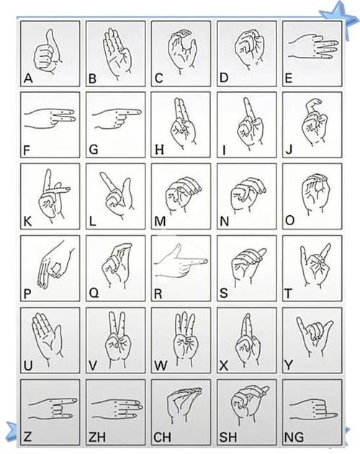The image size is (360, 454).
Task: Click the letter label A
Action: tap(28, 78)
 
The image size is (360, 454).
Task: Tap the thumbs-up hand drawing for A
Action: tap(48, 51)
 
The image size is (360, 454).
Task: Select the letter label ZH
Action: tap(97, 437)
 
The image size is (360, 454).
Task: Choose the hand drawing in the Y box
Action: tap(315, 337)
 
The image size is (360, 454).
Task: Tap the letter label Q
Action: tap(94, 294)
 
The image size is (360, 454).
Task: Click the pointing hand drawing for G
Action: tap(117, 118)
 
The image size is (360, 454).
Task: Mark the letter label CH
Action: tap(162, 437)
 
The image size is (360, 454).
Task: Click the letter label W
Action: tap(161, 366)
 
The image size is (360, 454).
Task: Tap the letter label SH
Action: tap(228, 437)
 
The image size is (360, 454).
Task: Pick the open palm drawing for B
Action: tap(117, 53)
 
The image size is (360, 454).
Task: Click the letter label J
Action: tap(289, 150)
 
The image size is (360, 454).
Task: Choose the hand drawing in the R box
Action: tap(180, 263)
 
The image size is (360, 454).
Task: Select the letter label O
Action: tap(289, 221)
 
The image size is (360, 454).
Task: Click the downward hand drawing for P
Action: tap(55, 264)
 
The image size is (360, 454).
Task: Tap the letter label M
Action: tap(160, 222)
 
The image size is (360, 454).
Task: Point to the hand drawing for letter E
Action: tap(313, 48)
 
